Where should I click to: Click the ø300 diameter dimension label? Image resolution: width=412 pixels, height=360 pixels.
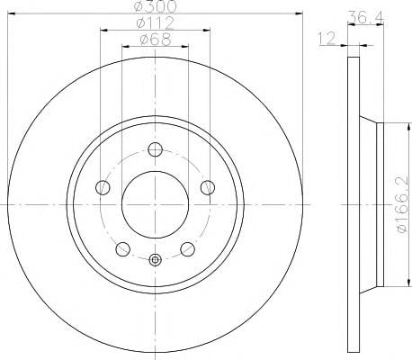click(x=156, y=6)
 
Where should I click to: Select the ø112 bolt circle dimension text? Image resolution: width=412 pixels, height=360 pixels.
click(x=156, y=22)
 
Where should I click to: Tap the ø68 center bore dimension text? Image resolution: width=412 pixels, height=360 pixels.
click(x=156, y=40)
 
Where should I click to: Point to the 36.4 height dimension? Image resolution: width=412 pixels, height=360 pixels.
click(x=366, y=17)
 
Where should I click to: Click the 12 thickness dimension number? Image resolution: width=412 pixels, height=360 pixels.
click(x=327, y=39)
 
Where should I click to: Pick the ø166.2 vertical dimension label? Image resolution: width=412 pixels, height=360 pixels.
click(x=402, y=204)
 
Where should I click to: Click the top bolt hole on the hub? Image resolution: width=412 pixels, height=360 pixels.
click(x=156, y=149)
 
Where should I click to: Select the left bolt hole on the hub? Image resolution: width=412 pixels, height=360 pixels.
click(x=103, y=187)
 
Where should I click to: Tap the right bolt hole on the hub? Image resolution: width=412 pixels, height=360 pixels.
click(x=208, y=187)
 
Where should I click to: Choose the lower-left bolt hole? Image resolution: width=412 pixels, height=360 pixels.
click(x=122, y=249)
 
